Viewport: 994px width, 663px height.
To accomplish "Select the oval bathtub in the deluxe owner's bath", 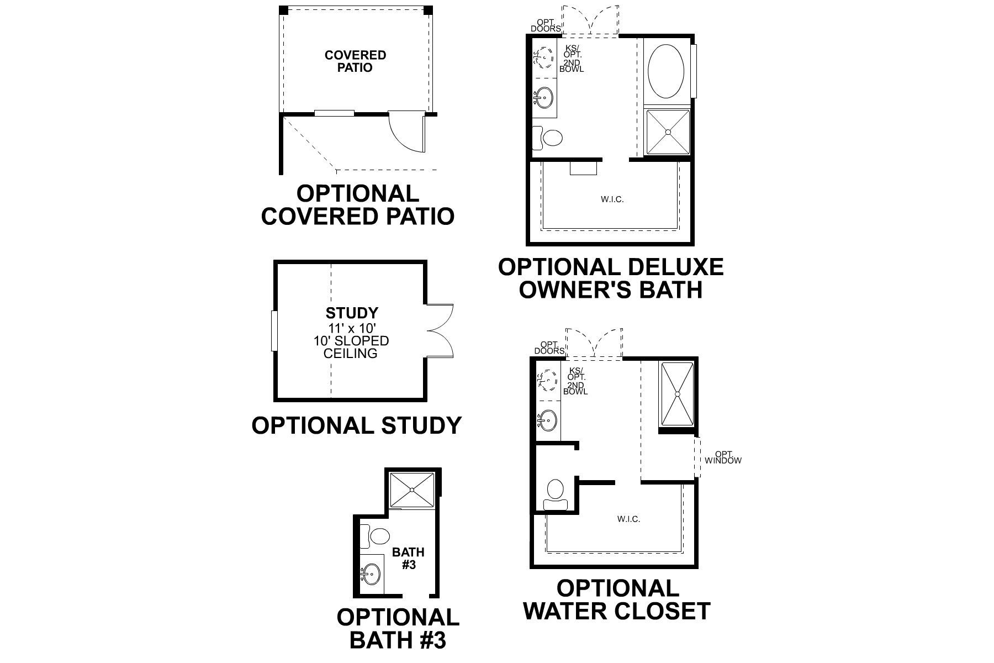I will click(x=665, y=71).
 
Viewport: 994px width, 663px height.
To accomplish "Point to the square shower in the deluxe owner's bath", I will click(x=668, y=132).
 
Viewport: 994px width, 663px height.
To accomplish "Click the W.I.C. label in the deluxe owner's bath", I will click(x=612, y=199).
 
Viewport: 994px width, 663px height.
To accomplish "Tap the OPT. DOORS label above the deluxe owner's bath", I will click(x=546, y=25).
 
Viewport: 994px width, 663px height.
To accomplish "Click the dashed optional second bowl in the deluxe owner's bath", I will click(x=544, y=57).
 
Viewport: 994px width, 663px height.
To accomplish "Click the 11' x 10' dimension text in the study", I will click(x=351, y=328).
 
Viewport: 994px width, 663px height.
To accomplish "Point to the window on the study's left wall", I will click(x=273, y=331).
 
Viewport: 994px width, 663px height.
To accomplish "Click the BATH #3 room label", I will click(x=408, y=558).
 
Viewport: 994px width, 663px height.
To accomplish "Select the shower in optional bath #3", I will click(x=413, y=490).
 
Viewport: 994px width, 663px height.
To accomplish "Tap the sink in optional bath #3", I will click(x=372, y=575).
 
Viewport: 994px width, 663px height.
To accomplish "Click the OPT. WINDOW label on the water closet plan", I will click(x=722, y=457).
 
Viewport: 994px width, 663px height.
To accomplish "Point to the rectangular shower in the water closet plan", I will click(x=676, y=394).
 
